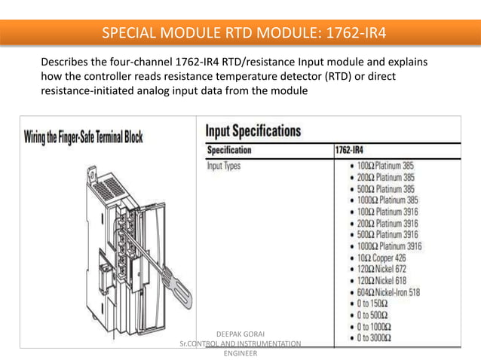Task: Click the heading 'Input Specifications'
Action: tap(253, 131)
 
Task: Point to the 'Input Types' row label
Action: tap(224, 166)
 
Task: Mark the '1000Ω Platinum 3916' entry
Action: tap(388, 246)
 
